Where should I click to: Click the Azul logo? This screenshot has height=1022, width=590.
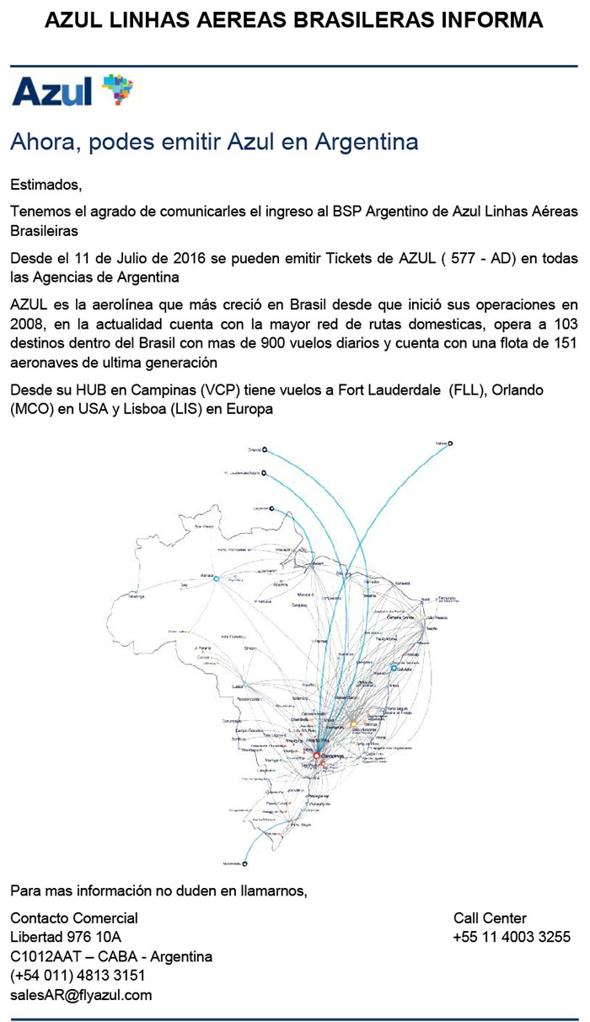[72, 90]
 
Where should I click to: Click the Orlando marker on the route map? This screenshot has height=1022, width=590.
[265, 450]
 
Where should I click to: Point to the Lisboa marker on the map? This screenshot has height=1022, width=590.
[450, 443]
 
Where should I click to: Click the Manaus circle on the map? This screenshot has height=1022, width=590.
[216, 578]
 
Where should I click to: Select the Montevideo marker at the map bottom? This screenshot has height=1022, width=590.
[245, 863]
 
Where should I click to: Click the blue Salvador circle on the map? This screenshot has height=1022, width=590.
[393, 668]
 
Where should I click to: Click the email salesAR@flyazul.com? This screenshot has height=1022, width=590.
[81, 994]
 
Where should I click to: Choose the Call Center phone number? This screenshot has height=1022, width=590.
[512, 937]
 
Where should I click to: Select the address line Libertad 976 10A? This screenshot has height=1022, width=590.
[66, 937]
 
